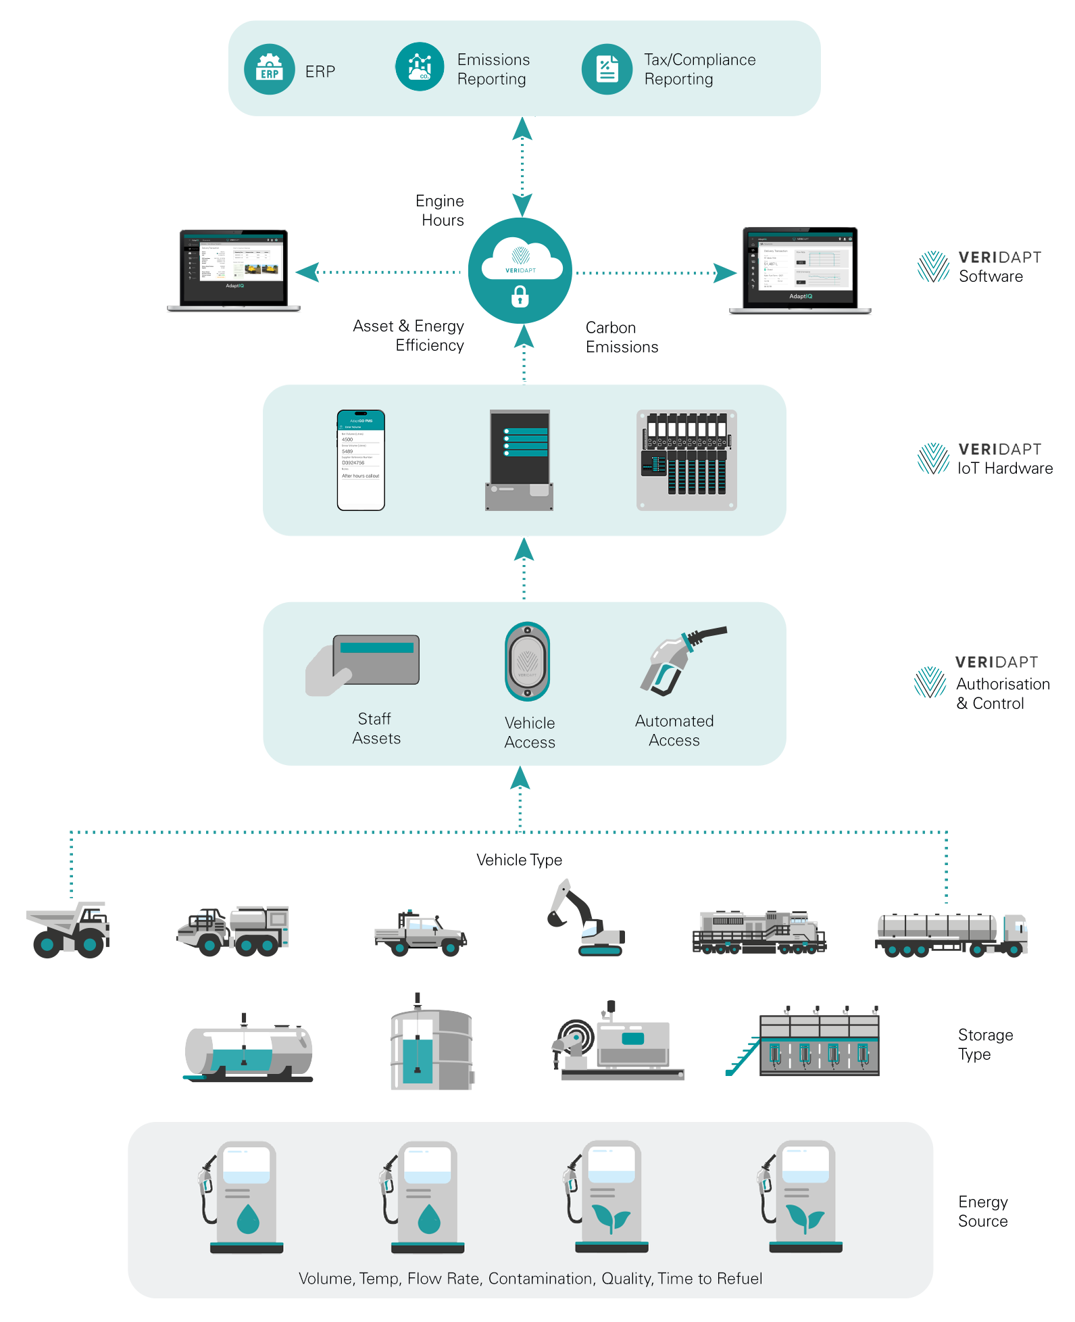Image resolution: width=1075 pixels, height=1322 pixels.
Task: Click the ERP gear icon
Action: coord(270,70)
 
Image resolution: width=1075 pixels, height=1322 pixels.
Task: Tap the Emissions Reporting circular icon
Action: coord(420,67)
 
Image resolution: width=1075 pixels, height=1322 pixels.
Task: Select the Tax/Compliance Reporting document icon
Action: coord(607,70)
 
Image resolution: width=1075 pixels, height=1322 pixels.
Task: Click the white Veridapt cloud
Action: coord(521,260)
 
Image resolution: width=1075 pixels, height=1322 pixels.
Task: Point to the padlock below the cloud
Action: coord(520,296)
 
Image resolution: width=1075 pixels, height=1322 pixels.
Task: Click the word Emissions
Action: coord(493,59)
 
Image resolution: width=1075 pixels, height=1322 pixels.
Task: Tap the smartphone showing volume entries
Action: coord(361,460)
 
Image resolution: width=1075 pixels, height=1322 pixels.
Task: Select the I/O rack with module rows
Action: coord(686,460)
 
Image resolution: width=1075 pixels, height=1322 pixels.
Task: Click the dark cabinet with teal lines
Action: coord(519,460)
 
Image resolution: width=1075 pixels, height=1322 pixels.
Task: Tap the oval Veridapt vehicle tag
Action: coord(527,662)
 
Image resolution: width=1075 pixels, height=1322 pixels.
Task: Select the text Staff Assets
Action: coord(376,729)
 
